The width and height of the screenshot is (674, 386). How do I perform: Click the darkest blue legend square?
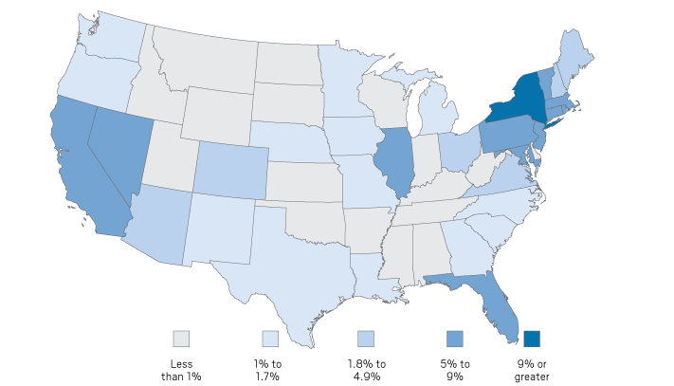click(x=533, y=339)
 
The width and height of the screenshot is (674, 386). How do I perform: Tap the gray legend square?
click(x=181, y=339)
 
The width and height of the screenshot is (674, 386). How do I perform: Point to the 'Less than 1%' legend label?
click(x=181, y=370)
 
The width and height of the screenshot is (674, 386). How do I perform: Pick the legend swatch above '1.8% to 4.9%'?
click(x=366, y=339)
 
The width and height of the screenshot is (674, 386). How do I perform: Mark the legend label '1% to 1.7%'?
click(x=269, y=370)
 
